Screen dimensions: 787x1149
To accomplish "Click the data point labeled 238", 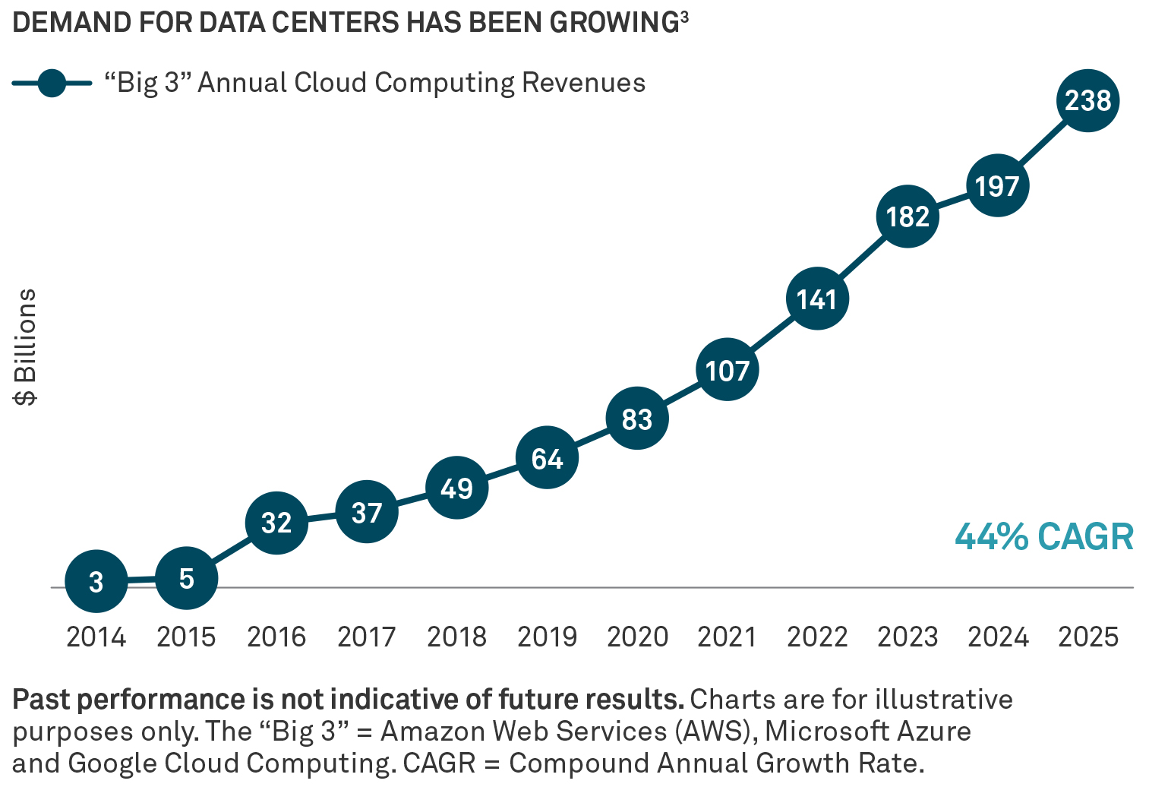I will pyautogui.click(x=1087, y=100).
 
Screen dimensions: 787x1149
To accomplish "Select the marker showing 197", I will pyautogui.click(x=997, y=185).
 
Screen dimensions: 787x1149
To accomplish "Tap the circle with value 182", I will pyautogui.click(x=908, y=217).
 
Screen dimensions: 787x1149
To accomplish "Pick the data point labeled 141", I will pyautogui.click(x=817, y=299).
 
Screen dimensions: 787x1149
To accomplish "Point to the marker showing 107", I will pyautogui.click(x=727, y=370).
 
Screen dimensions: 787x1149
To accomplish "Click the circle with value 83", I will pyautogui.click(x=637, y=419).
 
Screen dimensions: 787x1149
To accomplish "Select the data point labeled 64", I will pyautogui.click(x=547, y=458).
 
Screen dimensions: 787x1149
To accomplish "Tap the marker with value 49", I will pyautogui.click(x=456, y=488).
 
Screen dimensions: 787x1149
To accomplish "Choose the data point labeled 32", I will pyautogui.click(x=276, y=523).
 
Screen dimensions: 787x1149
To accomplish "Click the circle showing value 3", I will pyautogui.click(x=96, y=582).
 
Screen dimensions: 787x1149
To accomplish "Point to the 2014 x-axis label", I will pyautogui.click(x=96, y=637).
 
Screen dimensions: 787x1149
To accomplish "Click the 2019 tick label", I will pyautogui.click(x=547, y=637).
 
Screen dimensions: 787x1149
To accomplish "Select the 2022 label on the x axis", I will pyautogui.click(x=817, y=637).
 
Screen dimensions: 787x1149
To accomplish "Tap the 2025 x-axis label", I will pyautogui.click(x=1088, y=637).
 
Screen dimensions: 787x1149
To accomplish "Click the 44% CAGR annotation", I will pyautogui.click(x=1044, y=536).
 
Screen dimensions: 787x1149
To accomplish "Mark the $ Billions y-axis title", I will pyautogui.click(x=26, y=347).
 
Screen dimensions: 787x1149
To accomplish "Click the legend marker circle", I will pyautogui.click(x=52, y=83).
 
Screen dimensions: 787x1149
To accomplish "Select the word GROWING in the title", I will pyautogui.click(x=614, y=23).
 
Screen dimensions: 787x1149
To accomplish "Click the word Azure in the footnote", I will pyautogui.click(x=934, y=731).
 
